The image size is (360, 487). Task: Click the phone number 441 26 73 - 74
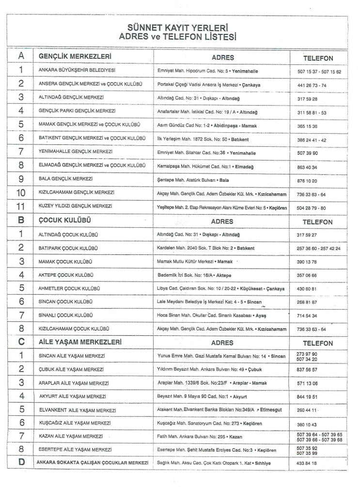click(314, 85)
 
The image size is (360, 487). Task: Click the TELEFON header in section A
click(317, 58)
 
